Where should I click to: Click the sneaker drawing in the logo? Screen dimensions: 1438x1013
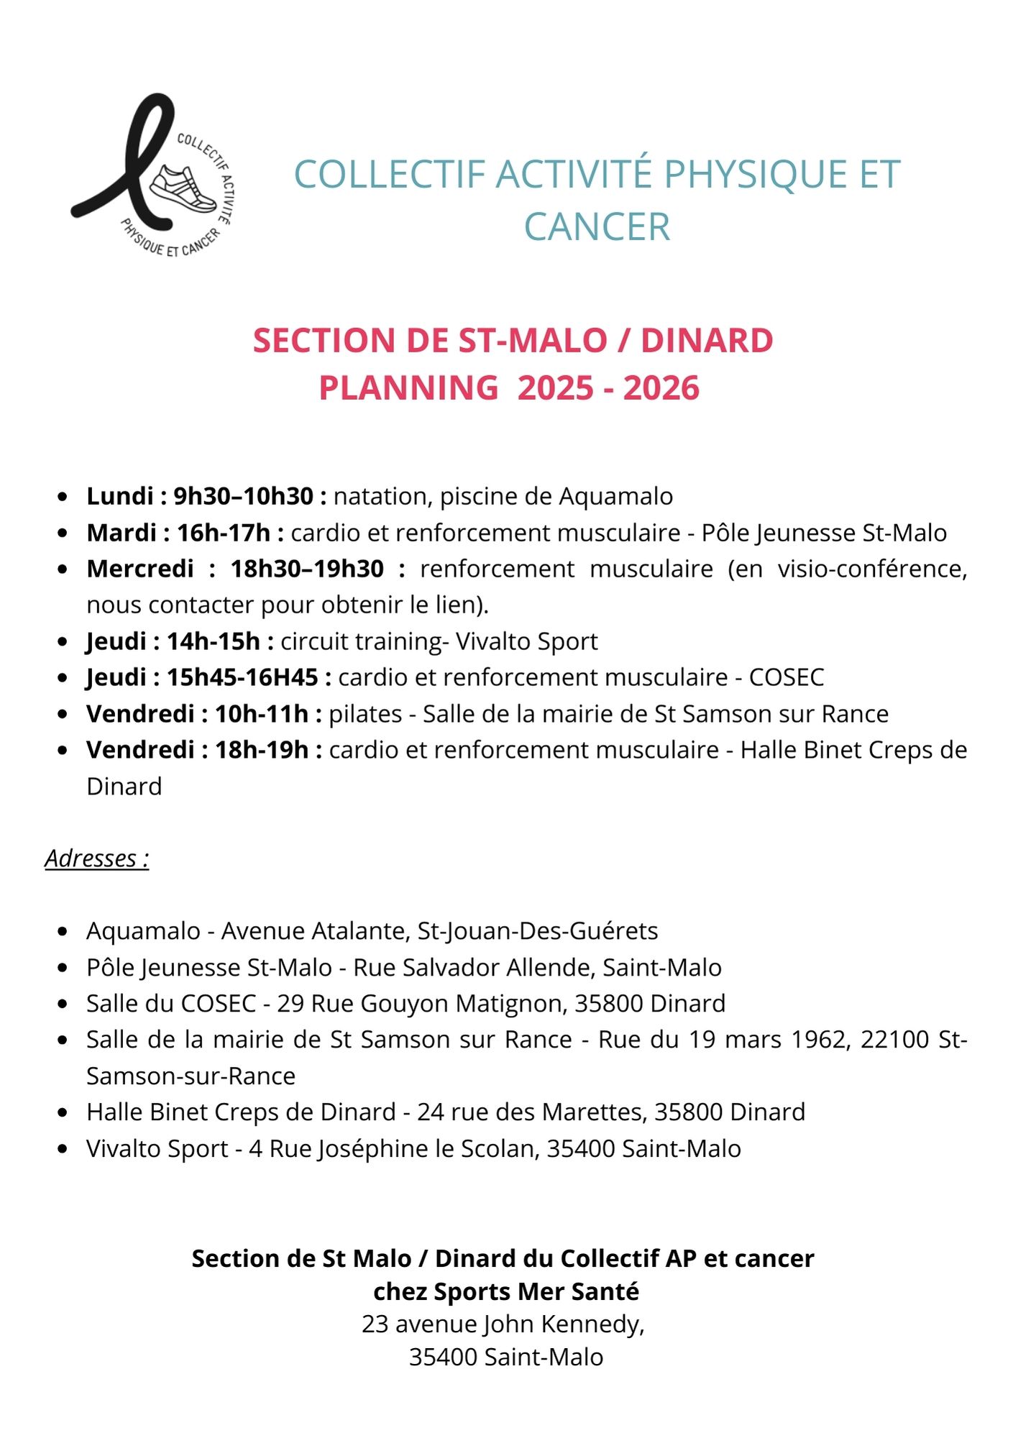183,188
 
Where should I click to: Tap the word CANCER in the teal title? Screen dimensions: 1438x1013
597,227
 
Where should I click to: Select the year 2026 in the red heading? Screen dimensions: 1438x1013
661,388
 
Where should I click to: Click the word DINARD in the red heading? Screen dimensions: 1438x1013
707,341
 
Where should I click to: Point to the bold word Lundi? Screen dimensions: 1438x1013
120,496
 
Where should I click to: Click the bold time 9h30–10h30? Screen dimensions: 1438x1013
244,496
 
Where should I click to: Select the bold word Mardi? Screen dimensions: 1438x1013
122,533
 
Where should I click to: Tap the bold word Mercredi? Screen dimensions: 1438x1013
140,569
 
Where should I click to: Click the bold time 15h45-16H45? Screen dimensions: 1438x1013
242,677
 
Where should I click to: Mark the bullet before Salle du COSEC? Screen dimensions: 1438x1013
63,1004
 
